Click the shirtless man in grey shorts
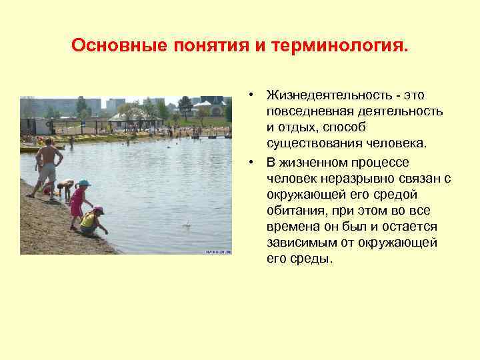(47, 167)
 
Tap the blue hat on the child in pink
(84, 183)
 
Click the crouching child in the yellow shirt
(91, 221)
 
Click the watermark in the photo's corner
(217, 252)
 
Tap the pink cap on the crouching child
(98, 210)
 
